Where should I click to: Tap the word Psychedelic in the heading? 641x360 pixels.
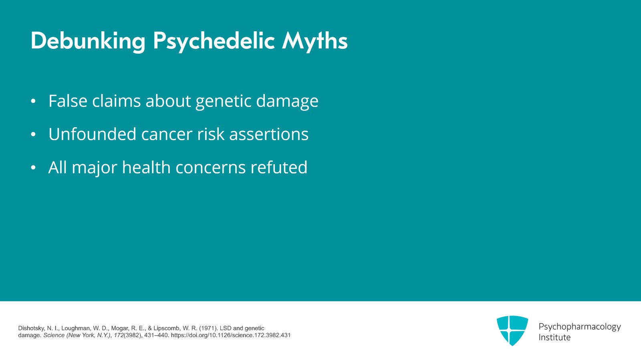coord(214,41)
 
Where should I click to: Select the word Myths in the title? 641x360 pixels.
coord(315,40)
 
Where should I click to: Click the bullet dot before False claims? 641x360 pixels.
coord(33,101)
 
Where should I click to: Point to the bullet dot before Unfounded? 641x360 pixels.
coord(33,134)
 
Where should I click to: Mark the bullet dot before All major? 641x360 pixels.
coord(33,167)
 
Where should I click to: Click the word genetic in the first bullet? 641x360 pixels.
coord(224,101)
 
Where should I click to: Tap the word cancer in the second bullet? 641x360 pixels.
coord(167,135)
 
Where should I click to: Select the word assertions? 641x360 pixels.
coord(269,134)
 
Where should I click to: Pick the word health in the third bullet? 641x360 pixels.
coord(146,167)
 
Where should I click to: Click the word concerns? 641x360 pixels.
coord(211,167)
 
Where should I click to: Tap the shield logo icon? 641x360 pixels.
coord(512,330)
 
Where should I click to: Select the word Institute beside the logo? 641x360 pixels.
coord(554,338)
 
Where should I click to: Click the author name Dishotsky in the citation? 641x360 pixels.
coord(31,328)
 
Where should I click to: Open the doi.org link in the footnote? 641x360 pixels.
coord(231,335)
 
